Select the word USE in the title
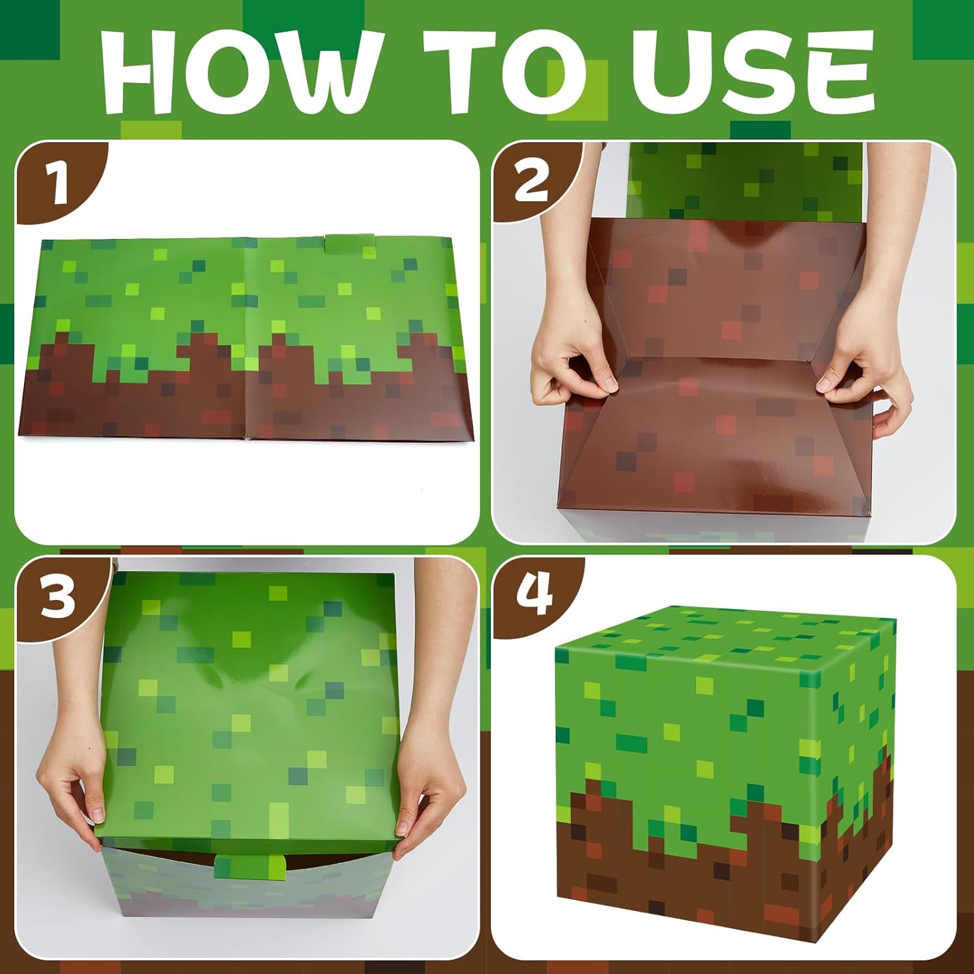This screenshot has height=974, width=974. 753,71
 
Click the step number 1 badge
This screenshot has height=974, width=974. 58,183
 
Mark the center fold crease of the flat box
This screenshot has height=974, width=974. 247,338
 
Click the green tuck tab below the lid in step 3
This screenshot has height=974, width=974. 250,867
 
